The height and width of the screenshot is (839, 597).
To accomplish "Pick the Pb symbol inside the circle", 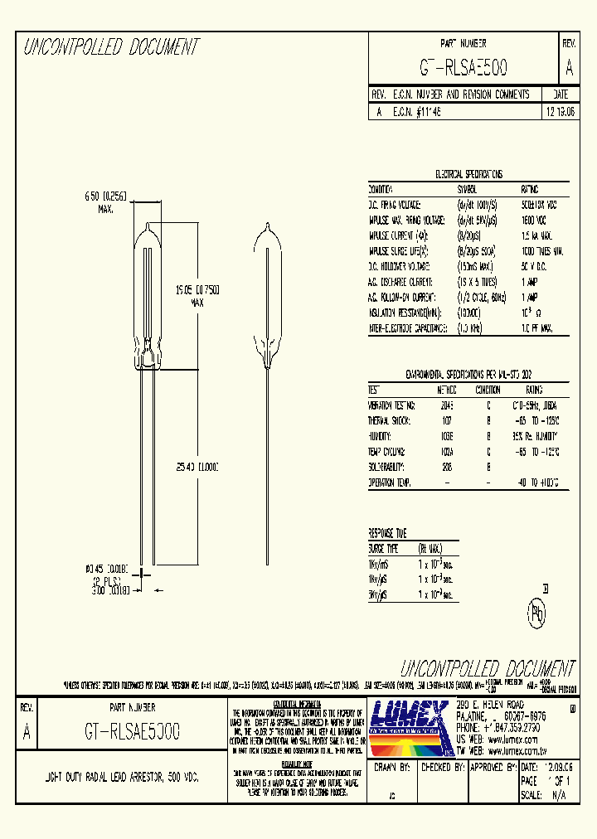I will coord(537,617).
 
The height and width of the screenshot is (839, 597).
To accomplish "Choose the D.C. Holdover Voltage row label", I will coord(399,265).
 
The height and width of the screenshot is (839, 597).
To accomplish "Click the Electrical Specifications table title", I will coord(468,175).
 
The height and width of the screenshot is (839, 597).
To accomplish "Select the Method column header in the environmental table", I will coord(447,390).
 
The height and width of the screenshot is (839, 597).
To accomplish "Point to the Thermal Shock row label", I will coord(392,420).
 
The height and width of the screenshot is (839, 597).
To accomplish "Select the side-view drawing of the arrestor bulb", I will coord(269,298).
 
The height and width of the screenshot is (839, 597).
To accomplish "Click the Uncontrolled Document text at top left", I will coord(111,47).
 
